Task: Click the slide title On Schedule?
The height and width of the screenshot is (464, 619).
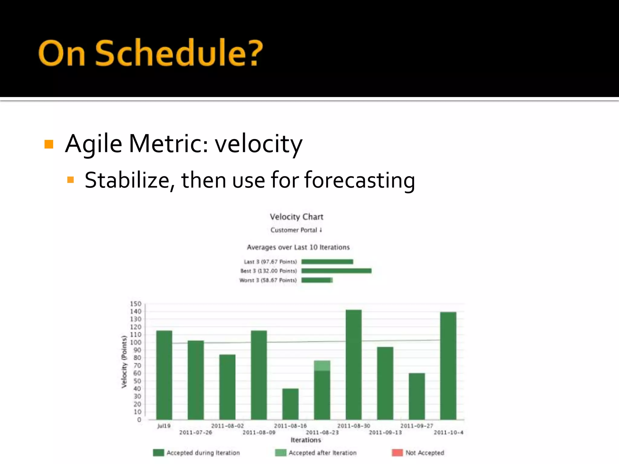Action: point(151,53)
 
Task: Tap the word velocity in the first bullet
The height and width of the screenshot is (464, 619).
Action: point(258,144)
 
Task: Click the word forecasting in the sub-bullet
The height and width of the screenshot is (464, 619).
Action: point(359,180)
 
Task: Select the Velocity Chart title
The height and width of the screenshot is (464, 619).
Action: point(297,217)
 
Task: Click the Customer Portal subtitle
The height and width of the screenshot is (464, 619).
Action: point(296,230)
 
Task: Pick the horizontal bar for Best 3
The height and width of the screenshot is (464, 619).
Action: point(336,271)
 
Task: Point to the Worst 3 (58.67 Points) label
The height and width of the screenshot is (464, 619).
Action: point(268,280)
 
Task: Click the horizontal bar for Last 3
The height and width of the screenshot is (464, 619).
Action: point(327,262)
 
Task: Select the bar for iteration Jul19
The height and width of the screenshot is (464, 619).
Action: point(164,375)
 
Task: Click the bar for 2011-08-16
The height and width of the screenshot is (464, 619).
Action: point(290,404)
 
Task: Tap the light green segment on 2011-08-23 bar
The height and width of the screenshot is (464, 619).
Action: point(322,366)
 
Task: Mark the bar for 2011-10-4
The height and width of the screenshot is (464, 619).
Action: point(448,366)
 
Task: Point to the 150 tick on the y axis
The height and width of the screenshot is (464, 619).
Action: point(136,304)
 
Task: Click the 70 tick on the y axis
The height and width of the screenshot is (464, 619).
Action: point(137,366)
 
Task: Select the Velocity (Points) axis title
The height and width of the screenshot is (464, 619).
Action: point(124,362)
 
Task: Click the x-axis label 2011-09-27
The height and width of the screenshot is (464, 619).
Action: point(416,426)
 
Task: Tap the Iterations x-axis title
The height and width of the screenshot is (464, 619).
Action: point(306,440)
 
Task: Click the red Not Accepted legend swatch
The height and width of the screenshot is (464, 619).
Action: point(397,453)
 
